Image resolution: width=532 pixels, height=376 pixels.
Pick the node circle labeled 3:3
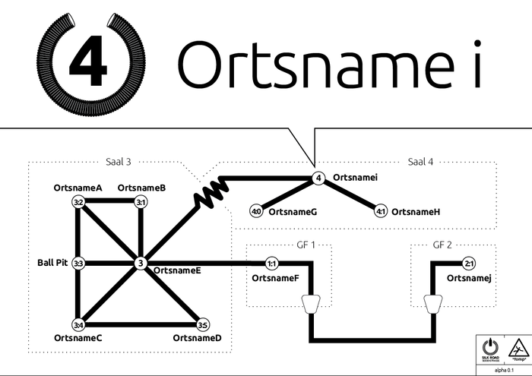coord(78,264)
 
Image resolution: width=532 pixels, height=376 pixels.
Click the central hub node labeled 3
coord(141,264)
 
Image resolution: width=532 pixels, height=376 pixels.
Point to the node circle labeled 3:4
coord(78,325)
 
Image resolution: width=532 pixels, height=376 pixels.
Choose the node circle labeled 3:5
coord(203,325)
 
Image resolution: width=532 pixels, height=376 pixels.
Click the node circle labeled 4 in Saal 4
coord(318,179)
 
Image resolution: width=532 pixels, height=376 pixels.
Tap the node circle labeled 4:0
coord(256,211)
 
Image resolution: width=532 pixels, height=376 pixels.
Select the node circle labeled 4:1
coord(381,211)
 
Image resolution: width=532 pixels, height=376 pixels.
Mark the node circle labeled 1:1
coord(271,264)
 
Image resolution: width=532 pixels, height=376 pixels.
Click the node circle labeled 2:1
coord(468,264)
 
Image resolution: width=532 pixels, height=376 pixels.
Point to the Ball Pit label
coord(52,263)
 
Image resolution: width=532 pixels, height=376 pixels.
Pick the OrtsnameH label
coord(416,211)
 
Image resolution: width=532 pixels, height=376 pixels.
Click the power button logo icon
coord(489,346)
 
